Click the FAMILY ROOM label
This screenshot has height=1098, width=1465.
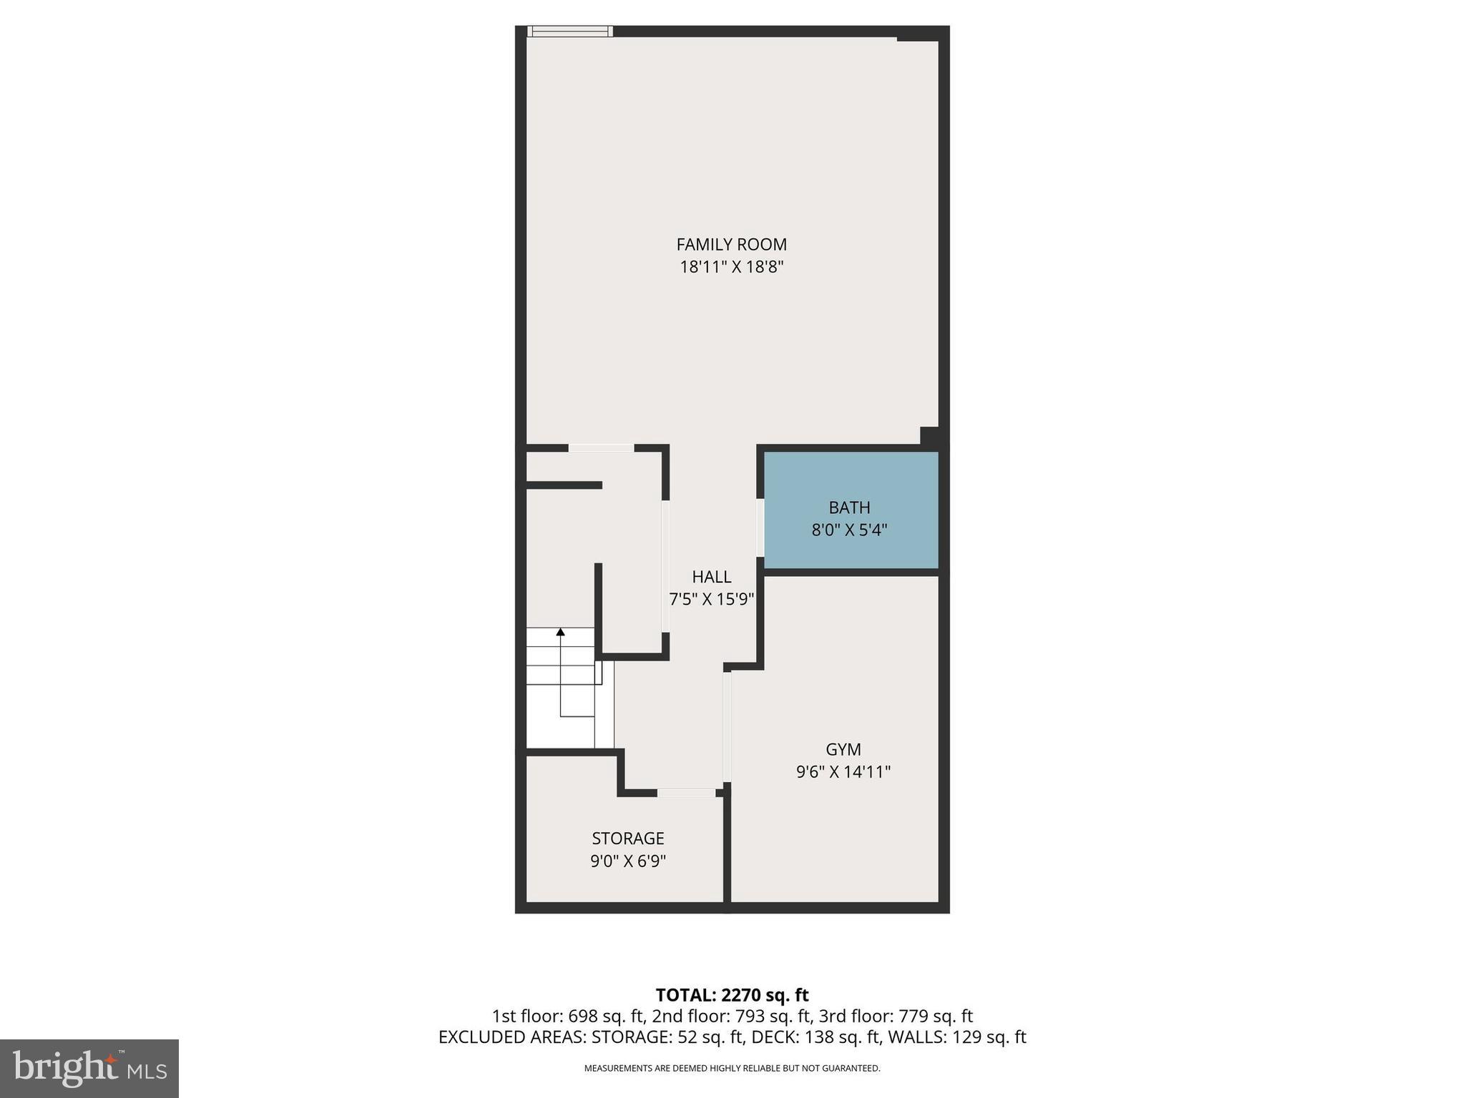731,244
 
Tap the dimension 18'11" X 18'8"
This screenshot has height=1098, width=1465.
731,267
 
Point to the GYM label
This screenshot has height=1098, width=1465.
843,749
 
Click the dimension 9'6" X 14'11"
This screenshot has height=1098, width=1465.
843,772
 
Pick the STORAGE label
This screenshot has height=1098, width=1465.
627,838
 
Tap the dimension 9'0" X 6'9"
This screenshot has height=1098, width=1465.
627,861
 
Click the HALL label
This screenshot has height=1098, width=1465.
711,576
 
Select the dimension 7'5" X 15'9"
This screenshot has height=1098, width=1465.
711,599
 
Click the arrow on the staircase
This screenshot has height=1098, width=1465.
560,633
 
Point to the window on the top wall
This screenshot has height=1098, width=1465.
570,31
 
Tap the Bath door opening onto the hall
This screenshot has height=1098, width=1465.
760,527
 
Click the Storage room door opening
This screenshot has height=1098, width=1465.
685,792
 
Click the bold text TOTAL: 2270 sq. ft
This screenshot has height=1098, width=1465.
731,995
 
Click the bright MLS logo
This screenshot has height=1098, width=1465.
89,1068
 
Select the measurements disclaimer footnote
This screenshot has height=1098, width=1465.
731,1069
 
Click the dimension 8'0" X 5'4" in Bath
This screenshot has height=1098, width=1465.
849,530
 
